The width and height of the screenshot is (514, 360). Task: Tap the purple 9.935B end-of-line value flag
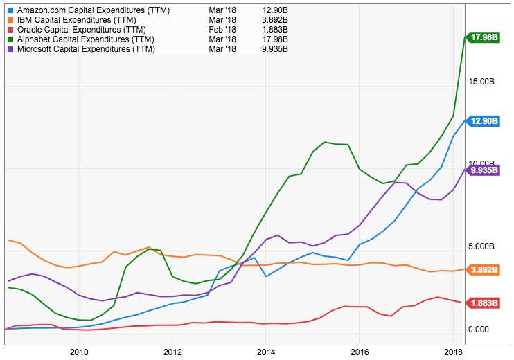pyautogui.click(x=485, y=170)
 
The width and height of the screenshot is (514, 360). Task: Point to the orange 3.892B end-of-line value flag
pyautogui.click(x=485, y=269)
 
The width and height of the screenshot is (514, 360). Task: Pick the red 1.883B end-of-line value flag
pyautogui.click(x=485, y=303)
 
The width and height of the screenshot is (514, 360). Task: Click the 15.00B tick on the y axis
pyautogui.click(x=481, y=82)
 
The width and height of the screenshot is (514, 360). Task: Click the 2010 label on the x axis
pyautogui.click(x=78, y=351)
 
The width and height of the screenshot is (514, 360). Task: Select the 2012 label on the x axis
pyautogui.click(x=172, y=351)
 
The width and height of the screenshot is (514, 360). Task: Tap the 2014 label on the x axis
pyautogui.click(x=265, y=351)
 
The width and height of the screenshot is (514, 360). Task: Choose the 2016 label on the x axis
pyautogui.click(x=359, y=351)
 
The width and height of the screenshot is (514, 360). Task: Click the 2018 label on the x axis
pyautogui.click(x=452, y=351)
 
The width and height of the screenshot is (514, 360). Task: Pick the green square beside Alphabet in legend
pyautogui.click(x=10, y=40)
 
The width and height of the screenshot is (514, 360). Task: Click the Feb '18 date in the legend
pyautogui.click(x=223, y=30)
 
